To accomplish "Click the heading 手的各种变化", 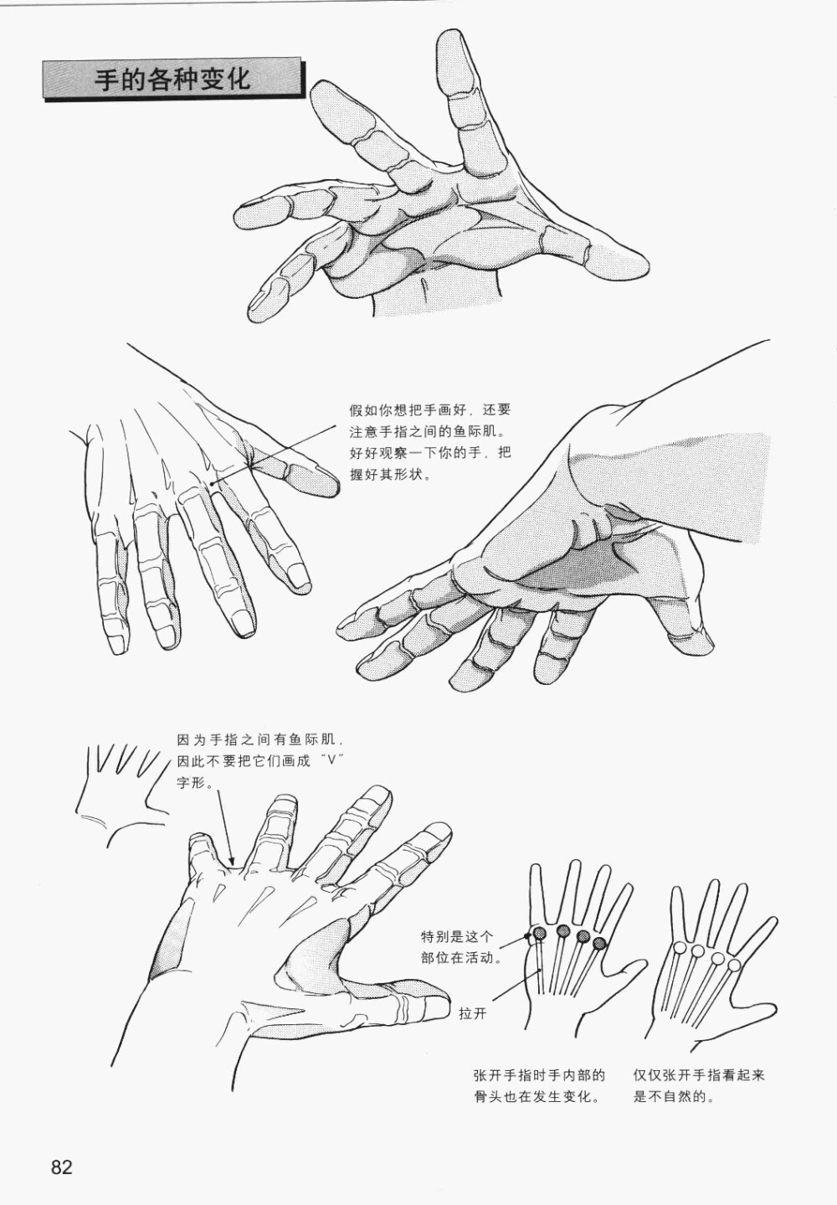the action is point(172,80).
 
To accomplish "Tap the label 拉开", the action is point(473,1014).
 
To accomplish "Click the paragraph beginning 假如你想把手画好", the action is point(430,443).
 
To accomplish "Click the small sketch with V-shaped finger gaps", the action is point(121,790).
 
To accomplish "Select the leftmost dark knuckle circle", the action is point(540,932).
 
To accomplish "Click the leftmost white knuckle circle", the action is point(679,947).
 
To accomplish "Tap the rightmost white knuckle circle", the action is point(734,965).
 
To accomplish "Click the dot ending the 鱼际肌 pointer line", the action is point(213,484).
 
